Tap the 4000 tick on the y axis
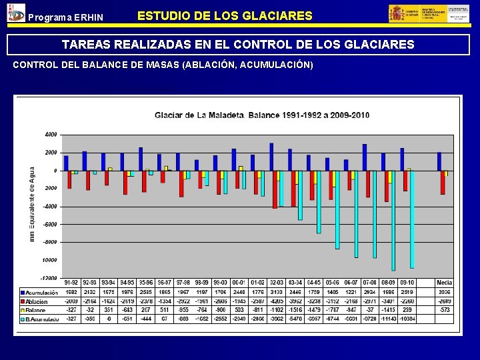tap(51, 134)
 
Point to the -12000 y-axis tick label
tap(49, 278)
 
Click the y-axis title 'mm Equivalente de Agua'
tap(32, 204)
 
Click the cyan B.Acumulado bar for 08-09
tap(393, 220)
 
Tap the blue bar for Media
tap(439, 161)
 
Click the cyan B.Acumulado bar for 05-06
tap(337, 209)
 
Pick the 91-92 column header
tap(71, 283)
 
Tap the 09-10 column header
tap(407, 283)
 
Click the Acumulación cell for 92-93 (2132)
tap(90, 292)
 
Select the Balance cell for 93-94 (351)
tap(109, 310)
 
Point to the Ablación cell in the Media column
tap(444, 301)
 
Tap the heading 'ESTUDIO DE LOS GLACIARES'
tap(225, 15)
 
